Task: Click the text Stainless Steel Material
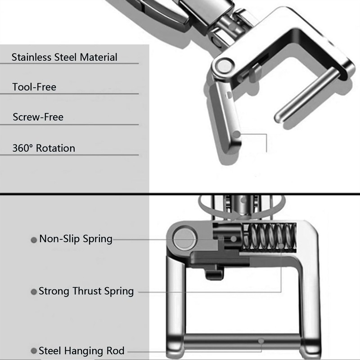point(64,57)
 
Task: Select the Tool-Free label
point(35,87)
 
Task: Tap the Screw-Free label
point(38,117)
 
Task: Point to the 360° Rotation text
point(44,148)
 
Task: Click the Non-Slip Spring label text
point(76,238)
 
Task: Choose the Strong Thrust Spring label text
point(86,291)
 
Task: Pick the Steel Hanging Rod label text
point(81,351)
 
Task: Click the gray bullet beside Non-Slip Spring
point(33,240)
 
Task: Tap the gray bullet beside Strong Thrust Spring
point(33,292)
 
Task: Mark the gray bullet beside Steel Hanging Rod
point(33,351)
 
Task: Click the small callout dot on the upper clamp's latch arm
point(241,134)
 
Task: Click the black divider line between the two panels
point(180,195)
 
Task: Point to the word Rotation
point(55,148)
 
